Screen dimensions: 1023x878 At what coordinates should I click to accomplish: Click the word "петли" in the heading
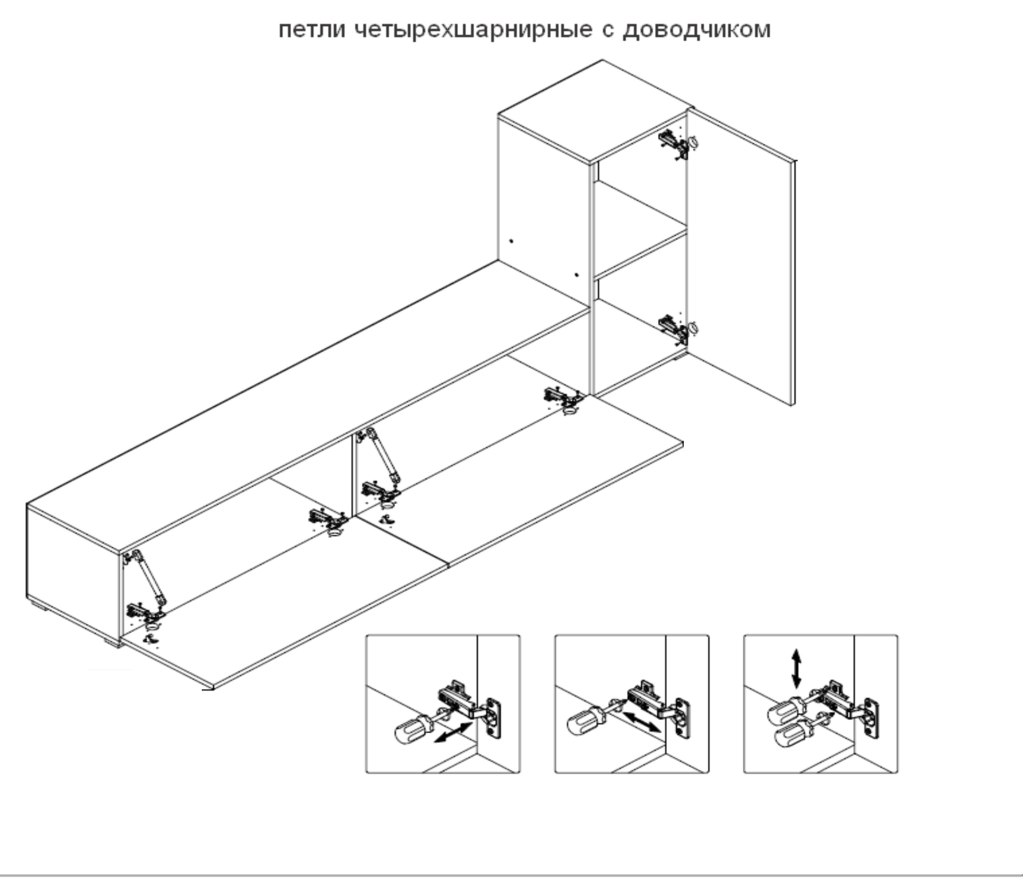coord(312,30)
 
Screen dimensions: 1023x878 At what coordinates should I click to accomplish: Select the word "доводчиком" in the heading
coord(696,30)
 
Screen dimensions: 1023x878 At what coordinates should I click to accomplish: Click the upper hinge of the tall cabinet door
coord(677,144)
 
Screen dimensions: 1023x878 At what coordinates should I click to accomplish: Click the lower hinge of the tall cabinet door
coord(677,329)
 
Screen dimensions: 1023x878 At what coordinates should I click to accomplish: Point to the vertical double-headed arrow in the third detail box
coord(796,668)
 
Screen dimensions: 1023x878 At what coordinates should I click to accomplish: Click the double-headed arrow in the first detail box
coord(453,732)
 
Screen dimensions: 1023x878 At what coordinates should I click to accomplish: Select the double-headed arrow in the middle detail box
coord(642,722)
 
